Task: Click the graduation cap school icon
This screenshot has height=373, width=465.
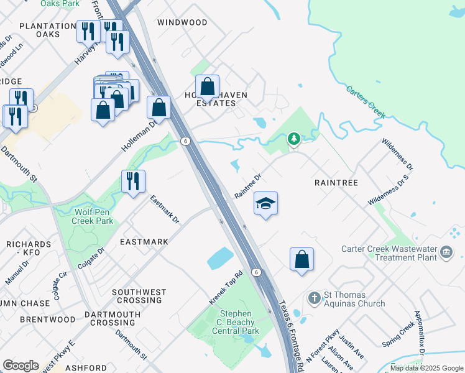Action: tap(265, 204)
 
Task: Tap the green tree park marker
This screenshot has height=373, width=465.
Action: tap(294, 139)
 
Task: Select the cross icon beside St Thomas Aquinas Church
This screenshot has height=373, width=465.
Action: tap(313, 297)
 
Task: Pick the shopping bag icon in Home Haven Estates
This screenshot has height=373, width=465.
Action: tap(208, 86)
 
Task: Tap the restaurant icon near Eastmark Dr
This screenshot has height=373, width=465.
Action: tap(133, 182)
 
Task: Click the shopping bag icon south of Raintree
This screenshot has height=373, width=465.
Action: tap(302, 259)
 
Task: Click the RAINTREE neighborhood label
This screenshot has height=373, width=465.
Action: tap(336, 183)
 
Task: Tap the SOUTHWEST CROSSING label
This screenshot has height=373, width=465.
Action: tap(139, 296)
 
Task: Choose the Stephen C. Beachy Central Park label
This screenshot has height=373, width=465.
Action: tap(234, 323)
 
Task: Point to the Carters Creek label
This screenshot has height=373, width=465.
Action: tap(366, 101)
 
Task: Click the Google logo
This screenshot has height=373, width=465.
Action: tap(21, 366)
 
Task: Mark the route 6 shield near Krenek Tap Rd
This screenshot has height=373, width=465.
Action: tap(256, 272)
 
